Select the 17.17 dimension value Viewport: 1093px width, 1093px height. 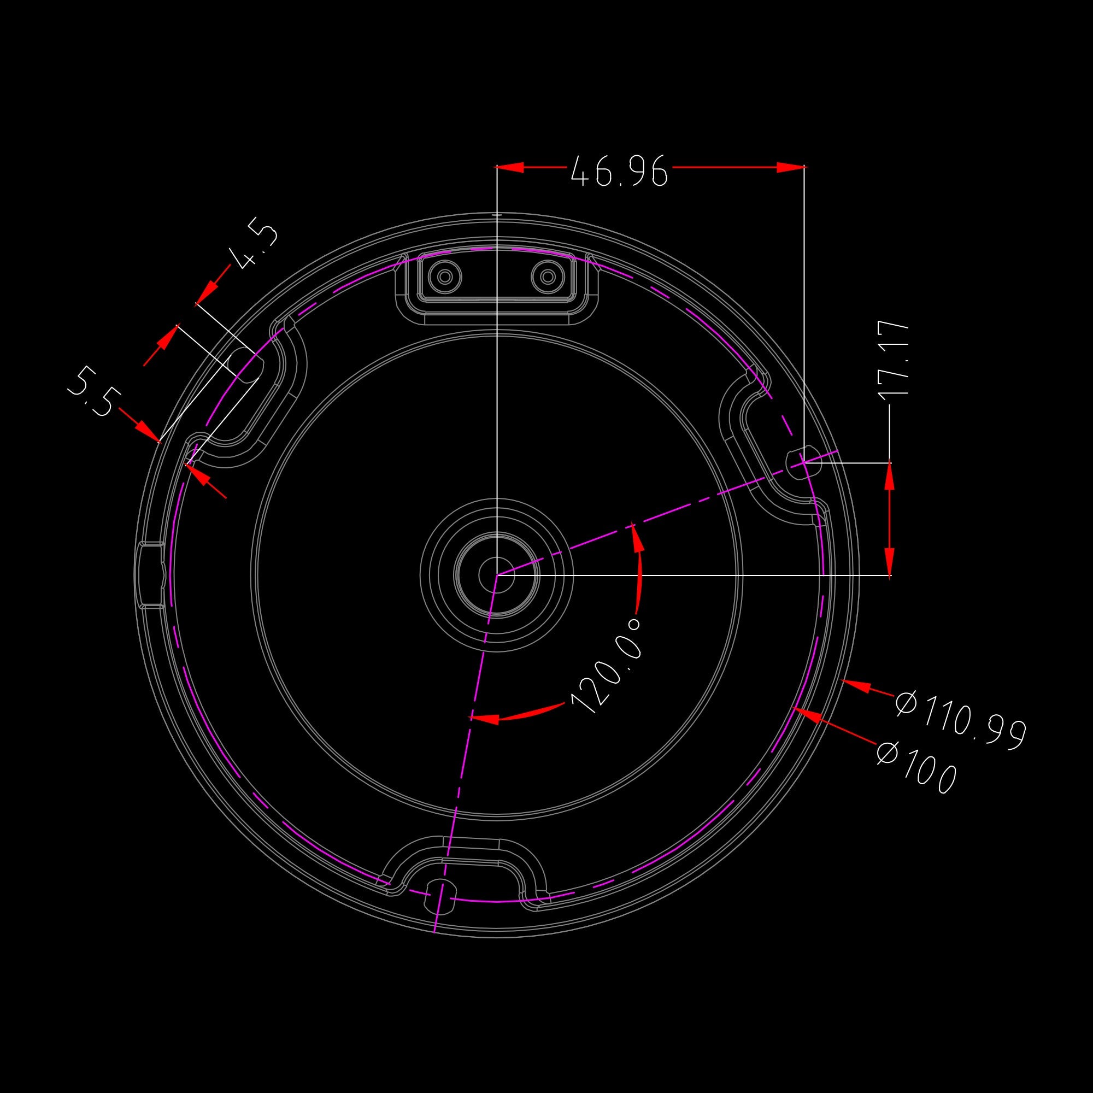(895, 359)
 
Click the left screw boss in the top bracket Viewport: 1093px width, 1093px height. (445, 277)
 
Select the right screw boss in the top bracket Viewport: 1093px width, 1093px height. (548, 277)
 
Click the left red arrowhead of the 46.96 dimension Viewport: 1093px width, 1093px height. (510, 167)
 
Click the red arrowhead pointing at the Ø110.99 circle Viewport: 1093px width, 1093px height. (856, 686)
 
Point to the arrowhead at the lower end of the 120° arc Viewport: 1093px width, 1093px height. (484, 719)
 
